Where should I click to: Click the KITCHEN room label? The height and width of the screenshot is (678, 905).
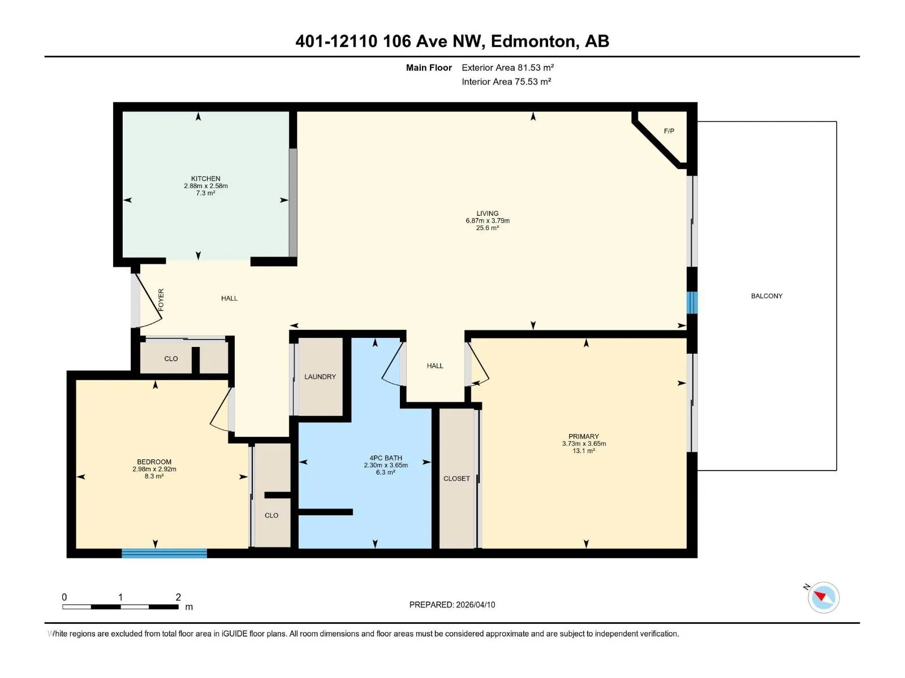coord(205,179)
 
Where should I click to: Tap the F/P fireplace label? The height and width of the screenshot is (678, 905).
coord(669,131)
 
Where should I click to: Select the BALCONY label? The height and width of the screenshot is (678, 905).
coord(766,296)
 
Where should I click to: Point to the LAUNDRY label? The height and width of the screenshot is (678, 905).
coord(320,377)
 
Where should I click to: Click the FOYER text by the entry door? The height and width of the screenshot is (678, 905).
coord(161,299)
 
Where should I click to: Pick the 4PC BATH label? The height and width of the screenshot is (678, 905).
coord(386,458)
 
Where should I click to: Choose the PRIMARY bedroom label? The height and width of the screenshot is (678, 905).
coord(583,436)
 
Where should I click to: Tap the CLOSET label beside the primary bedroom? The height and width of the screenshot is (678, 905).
coord(456,479)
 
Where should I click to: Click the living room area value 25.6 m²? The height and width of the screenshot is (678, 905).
coord(488,228)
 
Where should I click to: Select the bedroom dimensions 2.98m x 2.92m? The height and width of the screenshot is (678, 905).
coord(154,469)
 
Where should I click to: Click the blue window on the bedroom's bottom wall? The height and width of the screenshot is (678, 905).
coord(164,553)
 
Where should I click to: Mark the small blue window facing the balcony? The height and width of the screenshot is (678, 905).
coord(692,303)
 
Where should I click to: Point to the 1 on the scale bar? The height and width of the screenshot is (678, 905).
coord(120,597)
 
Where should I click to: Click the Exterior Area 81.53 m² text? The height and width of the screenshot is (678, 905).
coord(507,67)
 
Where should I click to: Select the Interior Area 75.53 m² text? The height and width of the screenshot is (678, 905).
coord(506,81)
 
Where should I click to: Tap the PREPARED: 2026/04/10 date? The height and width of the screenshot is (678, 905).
coord(452,605)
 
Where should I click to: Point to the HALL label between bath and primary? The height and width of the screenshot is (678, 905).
coord(435,366)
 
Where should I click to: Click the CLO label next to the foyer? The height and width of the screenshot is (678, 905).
coord(171,359)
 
